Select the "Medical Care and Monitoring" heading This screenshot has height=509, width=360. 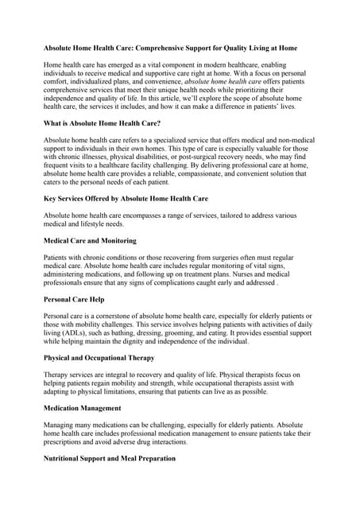[90, 240]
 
